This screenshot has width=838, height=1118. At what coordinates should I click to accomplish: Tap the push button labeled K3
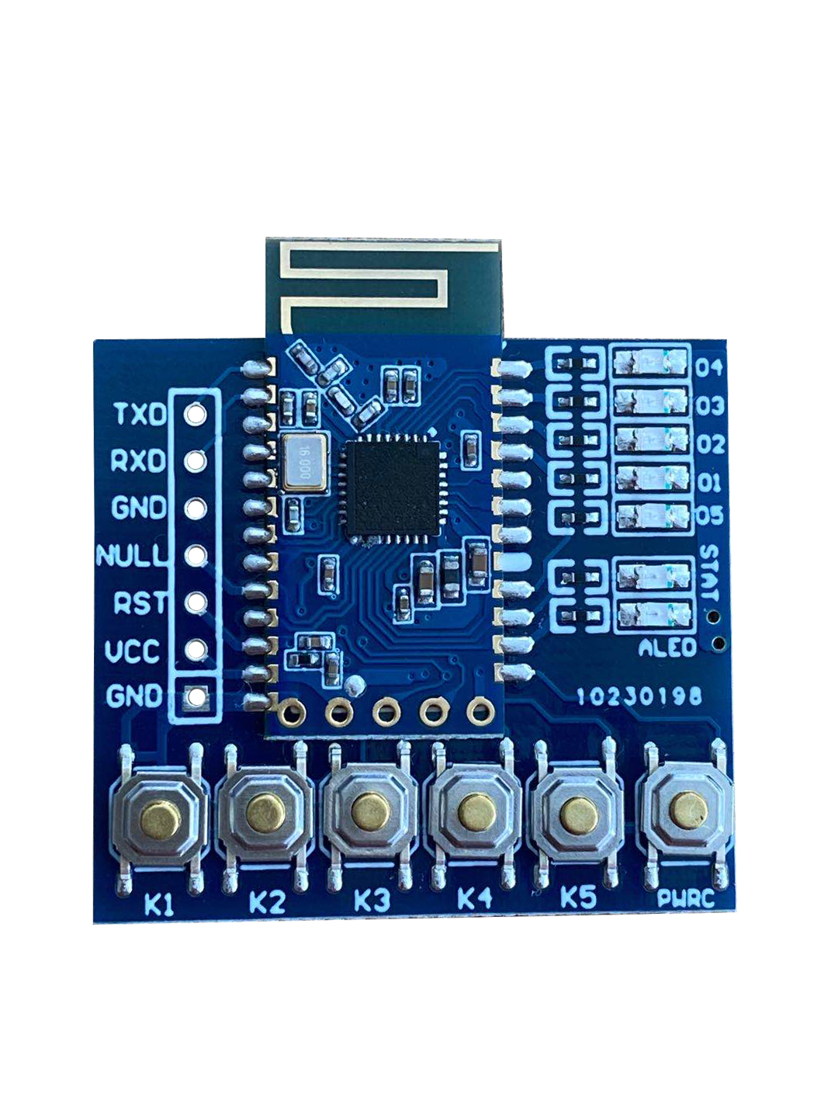[370, 812]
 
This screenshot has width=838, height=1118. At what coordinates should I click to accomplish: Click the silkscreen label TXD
[140, 414]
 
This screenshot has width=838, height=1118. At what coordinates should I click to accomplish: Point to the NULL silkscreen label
[131, 556]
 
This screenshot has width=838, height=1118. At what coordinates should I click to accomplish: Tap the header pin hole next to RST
[195, 602]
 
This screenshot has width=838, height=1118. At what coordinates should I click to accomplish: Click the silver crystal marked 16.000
[304, 464]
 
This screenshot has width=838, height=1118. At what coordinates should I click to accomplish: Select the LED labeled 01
[651, 479]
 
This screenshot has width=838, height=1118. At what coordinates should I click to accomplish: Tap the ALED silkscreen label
[667, 648]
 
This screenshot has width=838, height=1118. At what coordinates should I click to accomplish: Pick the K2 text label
[267, 901]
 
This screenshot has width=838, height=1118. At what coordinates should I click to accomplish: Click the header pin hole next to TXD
[195, 414]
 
